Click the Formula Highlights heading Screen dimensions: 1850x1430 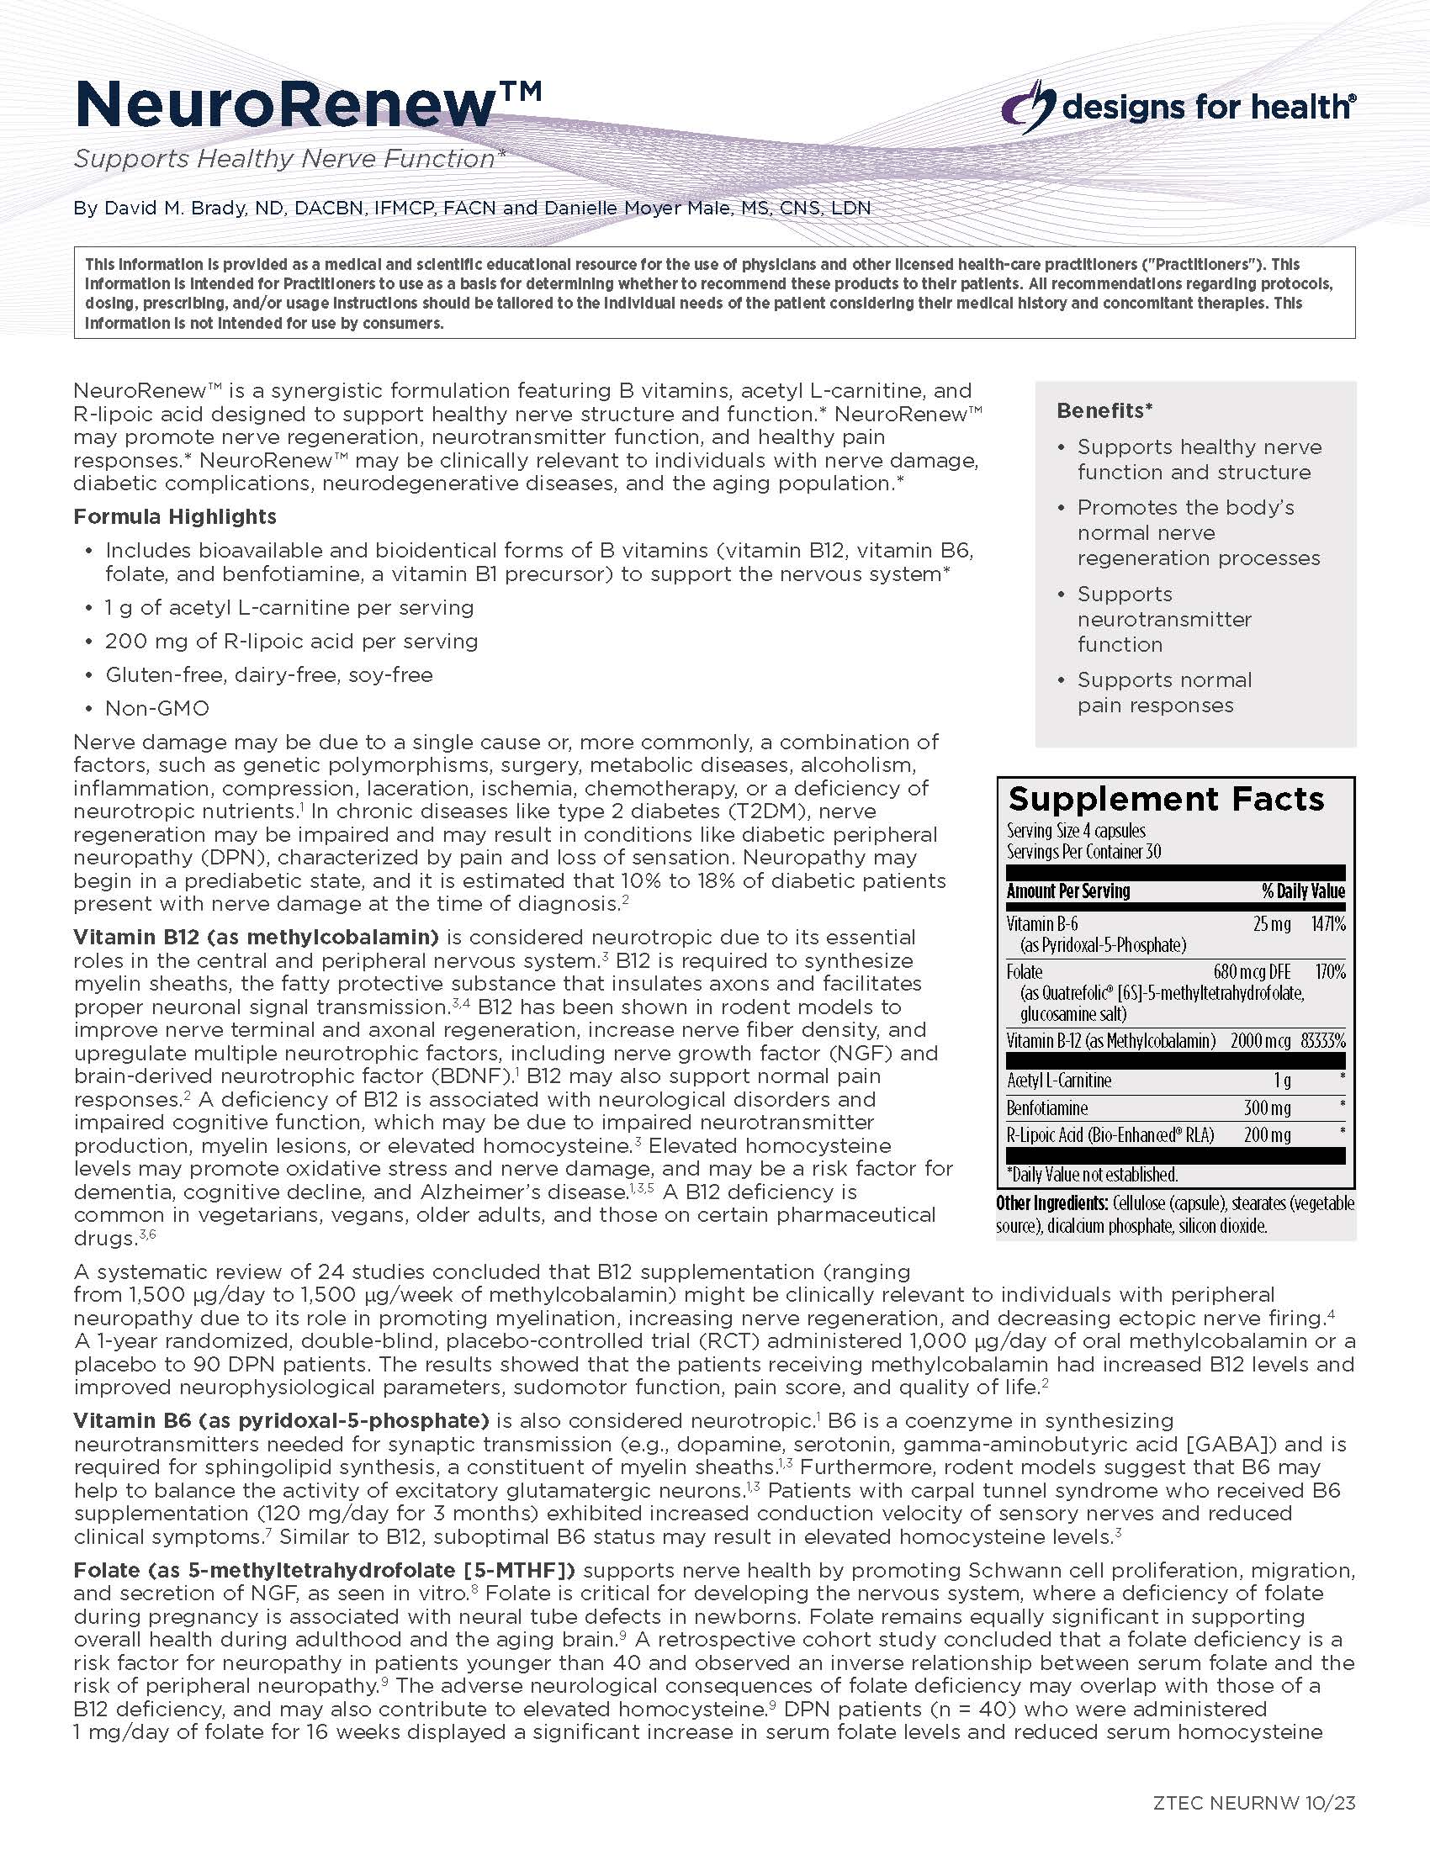174,516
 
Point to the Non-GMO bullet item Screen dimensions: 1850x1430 156,708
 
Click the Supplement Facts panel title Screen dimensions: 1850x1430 1166,799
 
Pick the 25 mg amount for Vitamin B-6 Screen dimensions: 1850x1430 1272,923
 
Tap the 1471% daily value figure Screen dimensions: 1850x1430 1327,923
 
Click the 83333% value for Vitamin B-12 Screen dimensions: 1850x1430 1322,1040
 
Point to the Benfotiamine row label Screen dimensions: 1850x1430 1047,1108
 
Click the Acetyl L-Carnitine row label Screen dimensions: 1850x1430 1059,1081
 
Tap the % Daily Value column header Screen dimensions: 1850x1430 1303,891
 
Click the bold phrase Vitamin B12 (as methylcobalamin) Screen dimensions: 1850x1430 256,938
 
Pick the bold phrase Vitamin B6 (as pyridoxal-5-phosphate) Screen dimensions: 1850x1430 281,1420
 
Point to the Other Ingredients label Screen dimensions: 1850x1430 1051,1203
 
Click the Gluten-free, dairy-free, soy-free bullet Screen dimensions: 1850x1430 268,675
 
